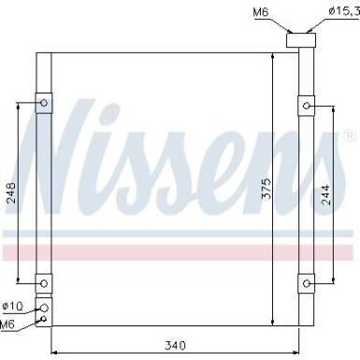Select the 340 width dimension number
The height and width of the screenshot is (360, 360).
click(173, 345)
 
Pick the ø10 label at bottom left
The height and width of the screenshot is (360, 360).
click(12, 305)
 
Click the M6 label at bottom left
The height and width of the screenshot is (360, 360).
click(9, 324)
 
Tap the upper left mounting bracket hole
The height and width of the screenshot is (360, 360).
click(43, 103)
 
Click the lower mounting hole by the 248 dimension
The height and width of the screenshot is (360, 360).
click(43, 281)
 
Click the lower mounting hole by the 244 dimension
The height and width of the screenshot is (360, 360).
click(307, 281)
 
